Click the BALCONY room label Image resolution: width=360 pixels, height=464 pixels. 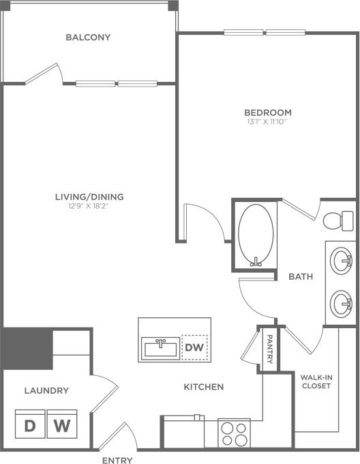(88, 37)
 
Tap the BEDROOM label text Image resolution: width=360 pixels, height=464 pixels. (268, 113)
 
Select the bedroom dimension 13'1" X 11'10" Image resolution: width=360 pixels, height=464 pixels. (268, 122)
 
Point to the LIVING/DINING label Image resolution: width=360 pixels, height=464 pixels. (89, 197)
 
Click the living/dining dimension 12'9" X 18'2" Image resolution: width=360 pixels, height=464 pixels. (89, 207)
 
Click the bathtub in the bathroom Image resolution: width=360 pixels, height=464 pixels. (257, 235)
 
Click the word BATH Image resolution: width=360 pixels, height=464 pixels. (301, 277)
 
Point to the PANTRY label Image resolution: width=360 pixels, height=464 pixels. (270, 349)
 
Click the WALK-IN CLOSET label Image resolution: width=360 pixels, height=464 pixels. (315, 381)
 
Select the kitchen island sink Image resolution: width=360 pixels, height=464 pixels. (162, 347)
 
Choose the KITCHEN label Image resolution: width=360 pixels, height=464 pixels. (204, 387)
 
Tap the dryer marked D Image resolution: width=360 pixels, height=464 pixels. (30, 426)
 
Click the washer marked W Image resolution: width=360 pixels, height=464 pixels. (62, 426)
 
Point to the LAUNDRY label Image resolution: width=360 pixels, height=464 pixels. (46, 391)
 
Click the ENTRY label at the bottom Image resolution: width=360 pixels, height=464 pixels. (117, 461)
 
